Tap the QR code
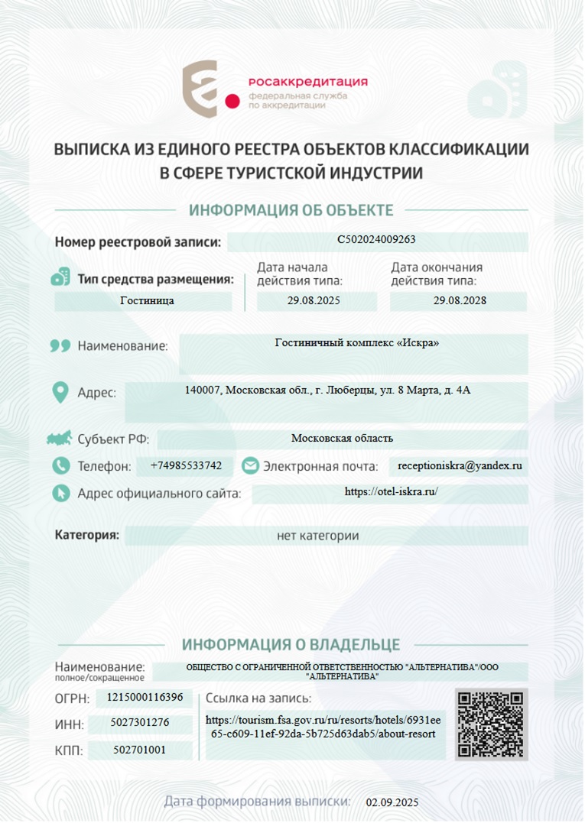coord(491,724)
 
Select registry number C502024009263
coord(377,240)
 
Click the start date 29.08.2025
coord(314,300)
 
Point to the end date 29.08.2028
coord(460,300)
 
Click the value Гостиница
coord(147,300)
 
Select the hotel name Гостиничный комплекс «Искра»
coord(356,342)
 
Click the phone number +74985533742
coord(187,465)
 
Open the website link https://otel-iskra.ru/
coord(391,492)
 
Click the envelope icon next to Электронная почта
coord(250,465)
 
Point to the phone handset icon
coord(60,465)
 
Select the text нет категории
coord(317,536)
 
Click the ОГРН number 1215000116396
coord(145,697)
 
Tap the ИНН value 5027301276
coord(139,722)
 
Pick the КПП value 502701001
coord(139,750)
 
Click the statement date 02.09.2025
coord(392,802)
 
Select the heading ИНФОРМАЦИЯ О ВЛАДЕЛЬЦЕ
coord(291,645)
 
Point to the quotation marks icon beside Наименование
coord(60,345)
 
